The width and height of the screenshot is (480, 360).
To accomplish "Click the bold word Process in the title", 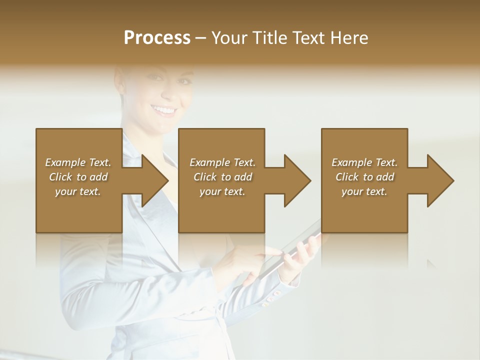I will pos(157,38).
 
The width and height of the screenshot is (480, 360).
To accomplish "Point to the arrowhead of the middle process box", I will pos(296,180).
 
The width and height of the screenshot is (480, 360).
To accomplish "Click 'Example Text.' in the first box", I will pos(78,162).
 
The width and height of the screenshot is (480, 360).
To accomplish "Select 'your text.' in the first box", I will pos(78,191).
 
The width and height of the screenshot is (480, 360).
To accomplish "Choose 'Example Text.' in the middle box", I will pos(222,162).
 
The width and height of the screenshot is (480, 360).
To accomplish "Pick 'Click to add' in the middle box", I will pos(222,177).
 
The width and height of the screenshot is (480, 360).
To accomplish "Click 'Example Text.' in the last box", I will pos(364,162).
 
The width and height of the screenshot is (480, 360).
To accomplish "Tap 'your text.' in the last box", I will pos(364,191).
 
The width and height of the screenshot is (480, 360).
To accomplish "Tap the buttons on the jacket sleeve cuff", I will pos(270,299).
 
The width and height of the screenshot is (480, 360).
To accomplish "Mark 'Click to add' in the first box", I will pos(78,177).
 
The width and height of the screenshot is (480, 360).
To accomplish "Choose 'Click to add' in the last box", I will pos(364,177).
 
